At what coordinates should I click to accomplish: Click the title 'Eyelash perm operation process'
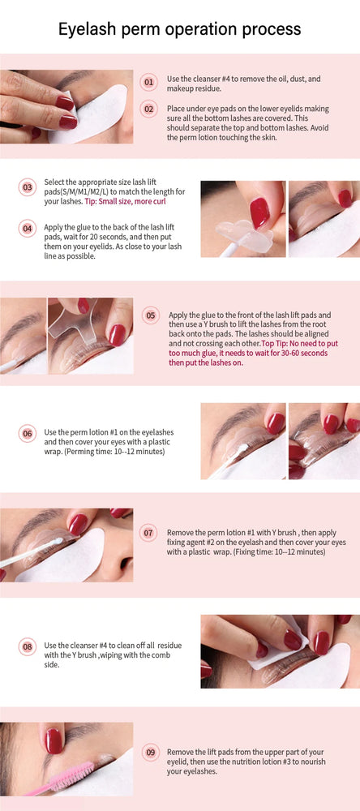[x=180, y=29]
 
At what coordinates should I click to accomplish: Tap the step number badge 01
[x=148, y=82]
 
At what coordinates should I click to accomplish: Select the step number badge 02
[x=148, y=109]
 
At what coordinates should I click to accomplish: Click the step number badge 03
[x=28, y=187]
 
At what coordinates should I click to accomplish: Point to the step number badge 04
[x=28, y=229]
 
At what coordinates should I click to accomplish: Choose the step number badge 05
[x=150, y=315]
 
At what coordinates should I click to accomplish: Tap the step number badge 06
[x=28, y=433]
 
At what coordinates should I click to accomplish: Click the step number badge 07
[x=148, y=533]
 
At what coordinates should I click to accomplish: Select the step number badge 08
[x=28, y=646]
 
